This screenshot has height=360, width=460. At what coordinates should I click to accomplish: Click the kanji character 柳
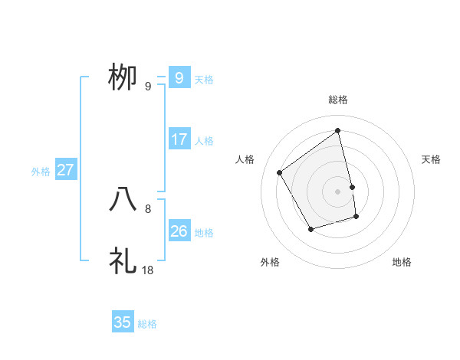[123, 77]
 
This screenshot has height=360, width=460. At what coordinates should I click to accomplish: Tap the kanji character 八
[123, 199]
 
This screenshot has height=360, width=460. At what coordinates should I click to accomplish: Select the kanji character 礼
[123, 260]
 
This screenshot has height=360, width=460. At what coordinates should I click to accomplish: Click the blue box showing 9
[179, 77]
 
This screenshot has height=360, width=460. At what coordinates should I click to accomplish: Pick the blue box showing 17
[179, 139]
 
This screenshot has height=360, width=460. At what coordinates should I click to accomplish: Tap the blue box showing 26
[179, 231]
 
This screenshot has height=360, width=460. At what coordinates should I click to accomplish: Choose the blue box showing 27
[65, 170]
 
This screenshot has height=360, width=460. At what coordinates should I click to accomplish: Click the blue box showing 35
[123, 322]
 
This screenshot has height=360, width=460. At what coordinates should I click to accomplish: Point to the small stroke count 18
[148, 270]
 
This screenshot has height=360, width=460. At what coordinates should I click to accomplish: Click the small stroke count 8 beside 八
[148, 208]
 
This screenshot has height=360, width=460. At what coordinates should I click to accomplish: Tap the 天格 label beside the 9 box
[204, 79]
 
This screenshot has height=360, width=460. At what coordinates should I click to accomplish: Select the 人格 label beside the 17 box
[204, 141]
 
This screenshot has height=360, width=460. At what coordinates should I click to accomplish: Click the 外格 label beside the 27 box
[41, 172]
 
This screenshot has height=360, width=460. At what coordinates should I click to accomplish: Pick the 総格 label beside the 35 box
[147, 324]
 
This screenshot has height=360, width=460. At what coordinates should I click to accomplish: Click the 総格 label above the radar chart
[338, 100]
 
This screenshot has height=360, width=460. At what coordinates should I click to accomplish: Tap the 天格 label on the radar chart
[432, 159]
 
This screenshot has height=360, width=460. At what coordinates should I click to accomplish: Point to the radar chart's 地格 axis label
[402, 262]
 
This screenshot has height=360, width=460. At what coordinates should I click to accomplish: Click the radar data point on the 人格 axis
[280, 172]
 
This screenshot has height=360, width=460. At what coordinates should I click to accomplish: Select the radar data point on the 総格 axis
[338, 131]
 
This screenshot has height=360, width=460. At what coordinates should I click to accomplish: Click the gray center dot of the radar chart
[338, 191]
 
